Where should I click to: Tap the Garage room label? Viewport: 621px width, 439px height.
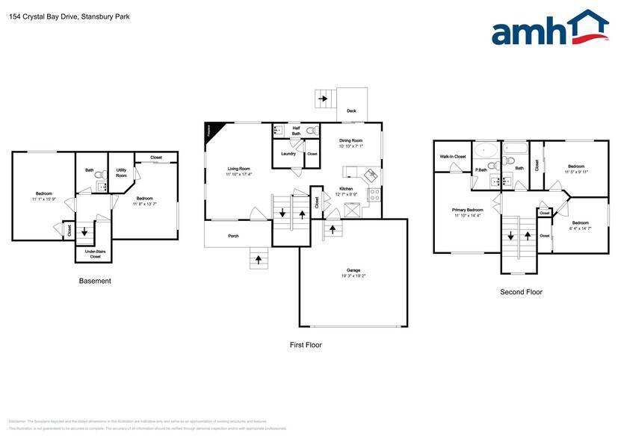(x=354, y=270)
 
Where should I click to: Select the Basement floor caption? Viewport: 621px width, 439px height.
(x=95, y=281)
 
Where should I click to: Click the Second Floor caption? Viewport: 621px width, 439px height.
(x=521, y=292)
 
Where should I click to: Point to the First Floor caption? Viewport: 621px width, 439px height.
(x=306, y=345)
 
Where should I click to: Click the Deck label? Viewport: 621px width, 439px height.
(x=351, y=111)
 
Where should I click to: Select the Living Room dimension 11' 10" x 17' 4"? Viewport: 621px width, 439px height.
(x=239, y=175)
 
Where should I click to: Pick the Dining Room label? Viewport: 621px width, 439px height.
(x=350, y=140)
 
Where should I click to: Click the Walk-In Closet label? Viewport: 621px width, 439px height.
(x=452, y=157)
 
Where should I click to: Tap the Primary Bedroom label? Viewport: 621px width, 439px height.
(x=469, y=210)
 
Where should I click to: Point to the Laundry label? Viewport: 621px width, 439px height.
(x=288, y=154)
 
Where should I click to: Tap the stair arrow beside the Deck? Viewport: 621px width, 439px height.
(x=323, y=98)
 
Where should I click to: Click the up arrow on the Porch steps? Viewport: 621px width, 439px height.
(x=259, y=260)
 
